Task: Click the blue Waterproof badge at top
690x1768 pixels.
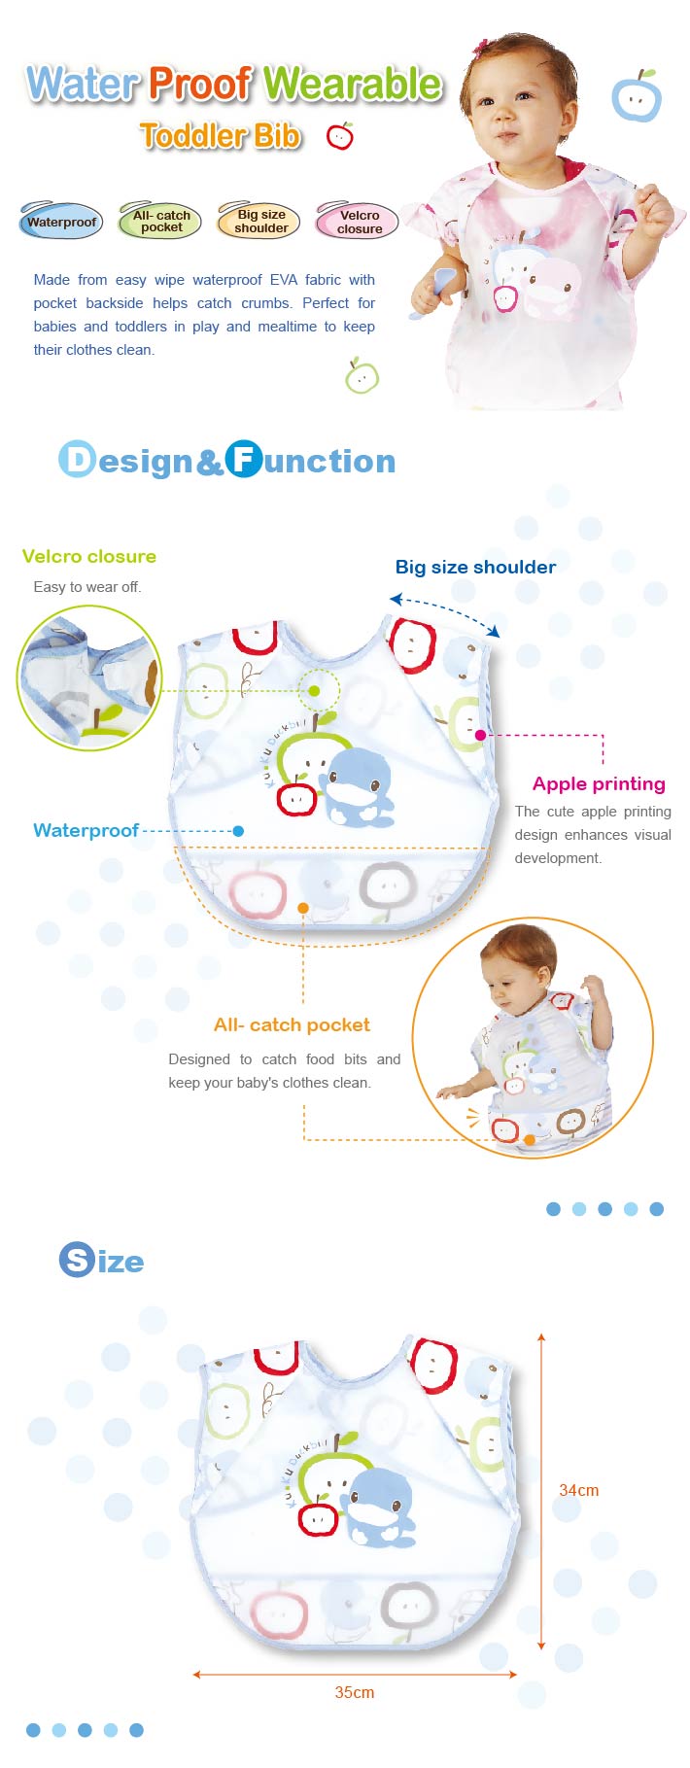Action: (60, 222)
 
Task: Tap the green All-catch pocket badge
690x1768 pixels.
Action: (160, 222)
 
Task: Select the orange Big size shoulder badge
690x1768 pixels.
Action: (260, 222)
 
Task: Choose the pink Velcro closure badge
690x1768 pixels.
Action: (359, 222)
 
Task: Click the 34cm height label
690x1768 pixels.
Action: (578, 1490)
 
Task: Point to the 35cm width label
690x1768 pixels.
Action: (354, 1692)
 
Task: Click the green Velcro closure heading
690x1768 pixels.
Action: (88, 557)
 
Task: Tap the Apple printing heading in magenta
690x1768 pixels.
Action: (599, 784)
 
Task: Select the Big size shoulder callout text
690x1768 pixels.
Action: (475, 568)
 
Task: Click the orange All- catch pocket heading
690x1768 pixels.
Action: (292, 1024)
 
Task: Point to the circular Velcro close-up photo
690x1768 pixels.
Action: (89, 677)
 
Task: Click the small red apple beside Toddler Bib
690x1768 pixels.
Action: (340, 136)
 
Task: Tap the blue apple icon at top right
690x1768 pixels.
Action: (637, 96)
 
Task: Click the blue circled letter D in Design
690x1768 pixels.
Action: (77, 460)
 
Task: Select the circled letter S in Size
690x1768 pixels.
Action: (76, 1260)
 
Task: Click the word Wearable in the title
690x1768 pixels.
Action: (352, 85)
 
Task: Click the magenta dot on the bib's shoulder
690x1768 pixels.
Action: (480, 735)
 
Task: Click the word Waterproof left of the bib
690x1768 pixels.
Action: (86, 831)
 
